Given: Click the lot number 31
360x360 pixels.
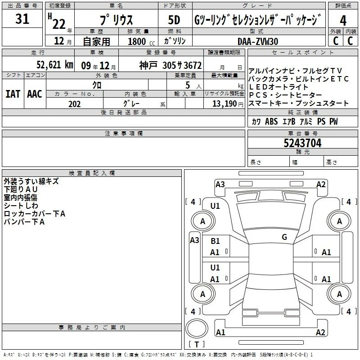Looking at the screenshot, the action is click(x=22, y=18).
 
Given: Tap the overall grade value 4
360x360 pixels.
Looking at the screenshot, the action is click(x=343, y=21).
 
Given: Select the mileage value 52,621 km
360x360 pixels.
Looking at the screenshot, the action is click(x=55, y=65).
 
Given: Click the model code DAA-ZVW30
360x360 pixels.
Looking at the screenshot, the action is click(x=258, y=41).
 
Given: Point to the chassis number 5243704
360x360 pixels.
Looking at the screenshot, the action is click(x=302, y=143).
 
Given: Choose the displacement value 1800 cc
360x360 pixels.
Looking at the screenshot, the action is click(x=141, y=41).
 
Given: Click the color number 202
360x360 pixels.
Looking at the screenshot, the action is click(x=74, y=104).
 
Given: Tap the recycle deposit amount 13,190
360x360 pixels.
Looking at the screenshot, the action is click(x=225, y=103).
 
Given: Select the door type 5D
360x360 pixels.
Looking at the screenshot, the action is click(x=174, y=20).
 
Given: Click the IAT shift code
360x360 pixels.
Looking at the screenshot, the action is click(x=13, y=94).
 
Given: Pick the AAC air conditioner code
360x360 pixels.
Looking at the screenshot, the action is click(x=35, y=94).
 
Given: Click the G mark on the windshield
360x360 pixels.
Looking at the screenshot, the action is click(x=284, y=237).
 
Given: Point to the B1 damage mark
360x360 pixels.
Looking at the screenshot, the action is click(x=215, y=241).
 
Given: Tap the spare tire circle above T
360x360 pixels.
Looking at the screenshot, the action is click(x=197, y=328).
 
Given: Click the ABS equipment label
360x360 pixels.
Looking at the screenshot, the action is click(x=271, y=121).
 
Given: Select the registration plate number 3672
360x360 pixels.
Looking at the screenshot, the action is click(x=193, y=65).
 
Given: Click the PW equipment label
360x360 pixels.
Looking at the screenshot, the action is click(x=333, y=121).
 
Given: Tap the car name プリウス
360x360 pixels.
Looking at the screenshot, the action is click(x=116, y=20).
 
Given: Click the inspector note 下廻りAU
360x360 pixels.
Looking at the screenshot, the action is click(x=21, y=189).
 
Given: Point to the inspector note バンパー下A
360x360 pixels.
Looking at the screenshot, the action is click(x=24, y=221).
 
